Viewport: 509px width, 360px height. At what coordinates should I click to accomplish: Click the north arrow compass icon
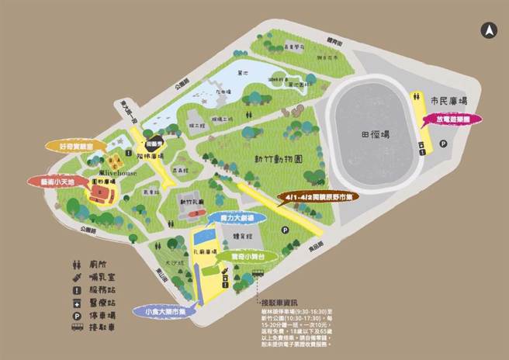[489, 30]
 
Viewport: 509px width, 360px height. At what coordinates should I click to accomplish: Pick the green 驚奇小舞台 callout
[236, 254]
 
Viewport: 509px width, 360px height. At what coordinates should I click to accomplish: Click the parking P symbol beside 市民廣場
[444, 144]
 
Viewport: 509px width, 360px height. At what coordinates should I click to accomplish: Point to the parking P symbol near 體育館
[286, 230]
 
